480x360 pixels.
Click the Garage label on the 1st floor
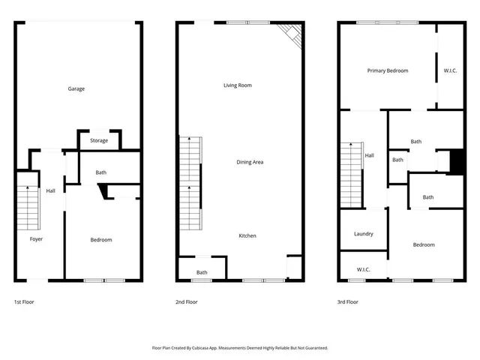coord(76,88)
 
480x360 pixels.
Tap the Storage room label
coord(99,140)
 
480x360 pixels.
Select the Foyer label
coord(36,239)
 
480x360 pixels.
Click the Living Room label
coord(237,85)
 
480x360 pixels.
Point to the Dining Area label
coord(250,162)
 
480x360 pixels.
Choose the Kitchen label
coord(247,235)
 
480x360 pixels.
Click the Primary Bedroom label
coord(387,70)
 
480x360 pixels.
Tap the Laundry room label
coord(363,234)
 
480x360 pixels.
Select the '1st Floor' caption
coord(24,301)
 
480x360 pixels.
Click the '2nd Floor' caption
coord(187,301)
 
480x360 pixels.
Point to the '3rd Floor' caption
coord(348,301)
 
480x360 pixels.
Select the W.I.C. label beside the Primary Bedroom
coord(450,70)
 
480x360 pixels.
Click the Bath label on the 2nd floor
coord(202,272)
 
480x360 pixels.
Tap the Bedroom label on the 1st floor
coord(101,239)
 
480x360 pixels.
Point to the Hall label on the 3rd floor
coord(369,155)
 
